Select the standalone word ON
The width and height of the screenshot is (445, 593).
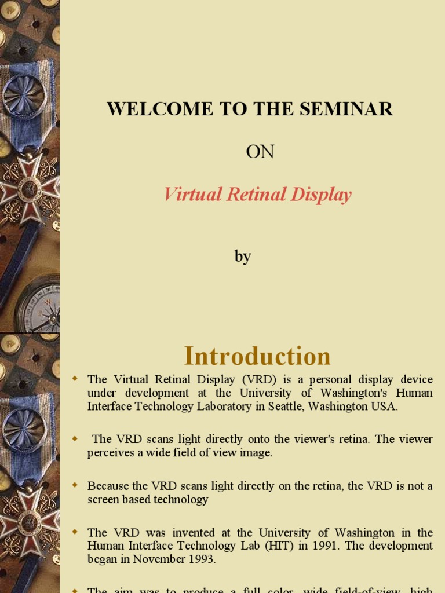click(260, 152)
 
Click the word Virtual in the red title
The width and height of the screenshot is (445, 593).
click(192, 195)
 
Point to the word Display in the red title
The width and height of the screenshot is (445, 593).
click(322, 195)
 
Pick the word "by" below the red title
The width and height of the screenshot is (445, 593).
click(243, 257)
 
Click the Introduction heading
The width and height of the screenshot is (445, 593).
click(257, 356)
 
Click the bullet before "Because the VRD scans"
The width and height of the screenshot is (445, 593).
click(74, 485)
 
